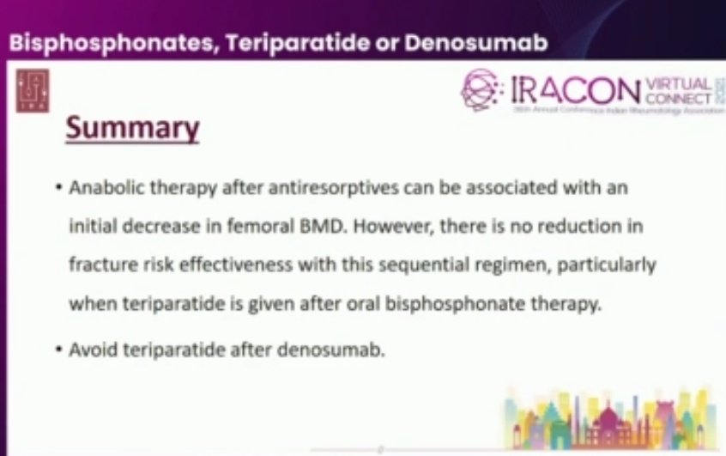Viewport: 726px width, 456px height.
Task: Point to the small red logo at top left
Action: tap(33, 90)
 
